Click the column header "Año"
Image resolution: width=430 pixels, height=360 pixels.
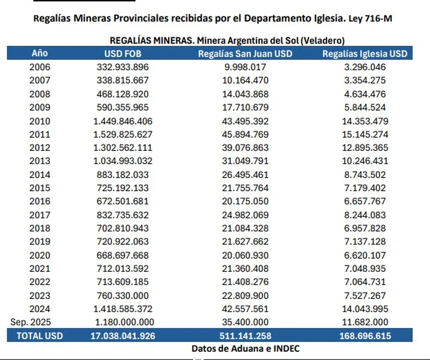click(40, 53)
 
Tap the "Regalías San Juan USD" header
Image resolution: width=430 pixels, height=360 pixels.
click(244, 53)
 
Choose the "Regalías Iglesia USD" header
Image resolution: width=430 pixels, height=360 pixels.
click(364, 53)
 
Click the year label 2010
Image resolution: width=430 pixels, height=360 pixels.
click(40, 120)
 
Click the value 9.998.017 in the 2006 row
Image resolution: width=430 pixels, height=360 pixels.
click(244, 67)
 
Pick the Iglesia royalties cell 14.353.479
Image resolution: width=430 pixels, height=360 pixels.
click(365, 120)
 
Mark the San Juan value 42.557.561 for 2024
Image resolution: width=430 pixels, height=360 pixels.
click(244, 309)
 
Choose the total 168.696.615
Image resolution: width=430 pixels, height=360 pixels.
click(365, 336)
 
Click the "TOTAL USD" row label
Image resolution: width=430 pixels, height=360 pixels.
click(40, 336)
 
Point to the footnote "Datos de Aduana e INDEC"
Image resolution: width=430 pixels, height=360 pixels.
click(245, 349)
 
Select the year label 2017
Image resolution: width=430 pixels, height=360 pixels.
click(40, 215)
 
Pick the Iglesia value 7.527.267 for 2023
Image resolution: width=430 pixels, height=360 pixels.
click(365, 295)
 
